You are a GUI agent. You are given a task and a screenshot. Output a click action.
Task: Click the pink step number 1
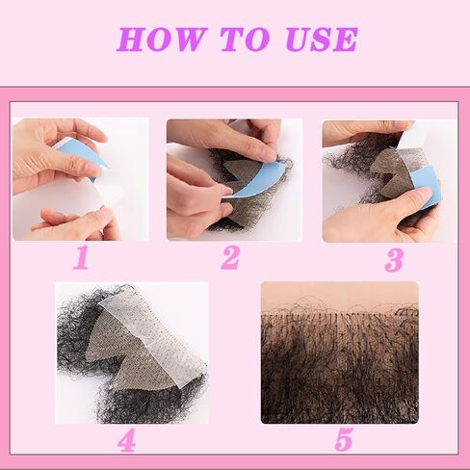click(82, 258)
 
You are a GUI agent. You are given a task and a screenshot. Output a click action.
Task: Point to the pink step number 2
click(229, 258)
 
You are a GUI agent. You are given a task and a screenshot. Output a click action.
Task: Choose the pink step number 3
click(392, 258)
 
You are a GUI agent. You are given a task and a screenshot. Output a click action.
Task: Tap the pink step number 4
click(126, 440)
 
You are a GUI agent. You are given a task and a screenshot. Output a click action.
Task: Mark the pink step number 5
click(344, 440)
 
